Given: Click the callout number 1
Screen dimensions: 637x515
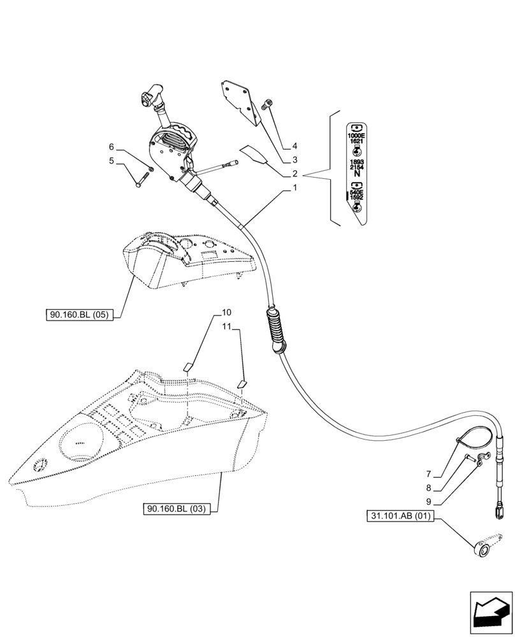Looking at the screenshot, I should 294,189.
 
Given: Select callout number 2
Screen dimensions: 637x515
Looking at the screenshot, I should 294,174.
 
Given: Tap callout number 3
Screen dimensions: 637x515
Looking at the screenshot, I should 294,160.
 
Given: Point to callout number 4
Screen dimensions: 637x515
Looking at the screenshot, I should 294,146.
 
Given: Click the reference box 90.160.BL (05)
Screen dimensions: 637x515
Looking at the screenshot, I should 79,315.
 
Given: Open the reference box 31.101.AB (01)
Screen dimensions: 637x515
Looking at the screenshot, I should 400,516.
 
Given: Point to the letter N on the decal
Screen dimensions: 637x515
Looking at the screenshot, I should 356,173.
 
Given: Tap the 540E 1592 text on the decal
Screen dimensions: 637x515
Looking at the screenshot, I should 356,195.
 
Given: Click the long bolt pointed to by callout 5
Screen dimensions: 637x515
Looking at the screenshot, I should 141,180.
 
